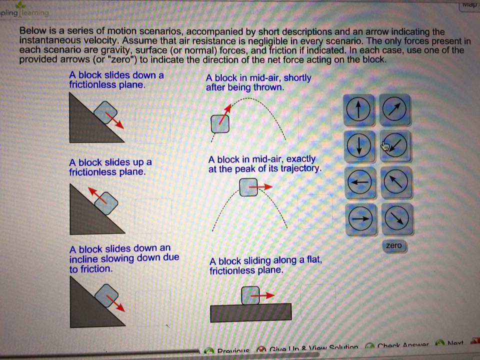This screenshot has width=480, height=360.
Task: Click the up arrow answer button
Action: (x=358, y=110)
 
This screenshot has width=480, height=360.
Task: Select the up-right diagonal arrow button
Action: (x=396, y=109)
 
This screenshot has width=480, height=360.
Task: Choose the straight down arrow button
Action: (x=358, y=146)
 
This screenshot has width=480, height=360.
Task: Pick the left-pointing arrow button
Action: (x=359, y=183)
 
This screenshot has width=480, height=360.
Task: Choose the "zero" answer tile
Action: (x=394, y=245)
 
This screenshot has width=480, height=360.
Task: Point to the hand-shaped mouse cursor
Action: (x=385, y=145)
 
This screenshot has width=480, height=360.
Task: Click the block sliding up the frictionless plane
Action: (x=109, y=202)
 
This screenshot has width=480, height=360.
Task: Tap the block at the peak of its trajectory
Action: (x=248, y=187)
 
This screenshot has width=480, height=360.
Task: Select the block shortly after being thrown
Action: (x=220, y=123)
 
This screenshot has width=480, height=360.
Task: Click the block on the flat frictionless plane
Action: (x=250, y=295)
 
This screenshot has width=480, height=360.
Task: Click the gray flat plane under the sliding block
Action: (x=250, y=312)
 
